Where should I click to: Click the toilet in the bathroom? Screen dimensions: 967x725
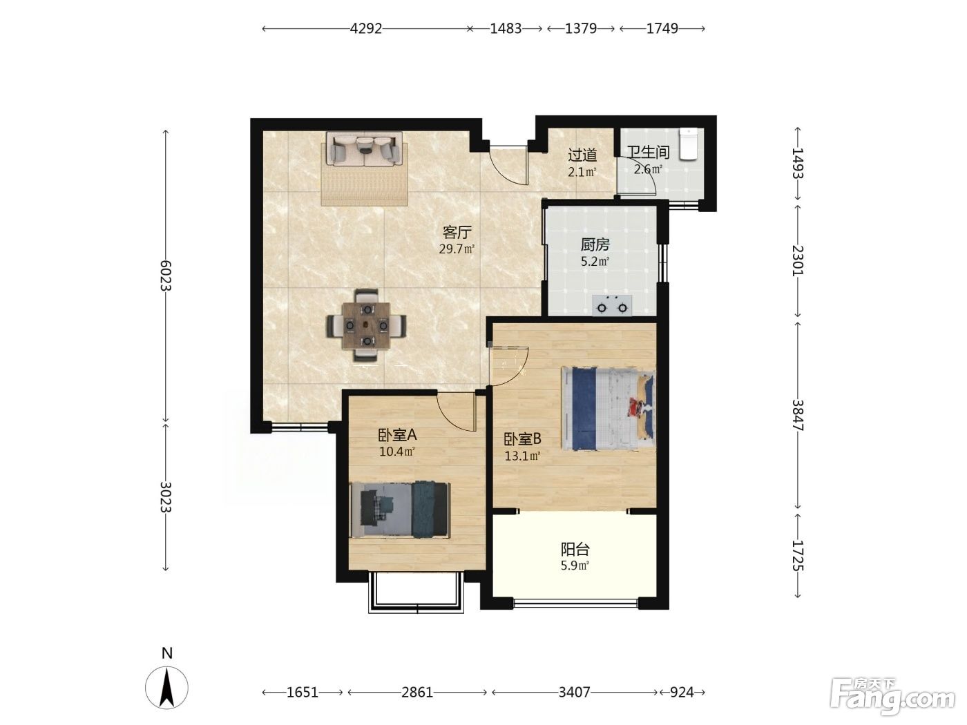[688, 144]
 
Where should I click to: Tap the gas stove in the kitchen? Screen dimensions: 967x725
[612, 305]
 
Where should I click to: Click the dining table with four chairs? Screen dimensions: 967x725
[367, 325]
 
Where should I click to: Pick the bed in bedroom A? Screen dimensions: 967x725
[400, 510]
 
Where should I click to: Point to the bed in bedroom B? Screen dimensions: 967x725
[609, 409]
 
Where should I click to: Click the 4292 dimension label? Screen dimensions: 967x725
[365, 28]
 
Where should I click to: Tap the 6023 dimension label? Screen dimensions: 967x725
[166, 275]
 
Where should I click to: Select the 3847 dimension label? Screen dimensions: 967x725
[798, 415]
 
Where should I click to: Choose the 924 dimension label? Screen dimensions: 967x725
[682, 693]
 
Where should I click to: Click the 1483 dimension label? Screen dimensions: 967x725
[506, 28]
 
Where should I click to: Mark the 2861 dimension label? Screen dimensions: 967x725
[417, 693]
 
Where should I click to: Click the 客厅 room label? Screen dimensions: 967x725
[457, 232]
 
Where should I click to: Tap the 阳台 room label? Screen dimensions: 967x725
[575, 550]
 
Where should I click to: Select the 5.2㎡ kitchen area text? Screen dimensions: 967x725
[595, 262]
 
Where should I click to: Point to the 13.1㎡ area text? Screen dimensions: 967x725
[522, 456]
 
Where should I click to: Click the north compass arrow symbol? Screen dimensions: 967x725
[166, 687]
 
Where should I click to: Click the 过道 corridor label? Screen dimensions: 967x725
[582, 155]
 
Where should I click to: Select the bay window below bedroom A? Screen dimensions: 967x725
[417, 592]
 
